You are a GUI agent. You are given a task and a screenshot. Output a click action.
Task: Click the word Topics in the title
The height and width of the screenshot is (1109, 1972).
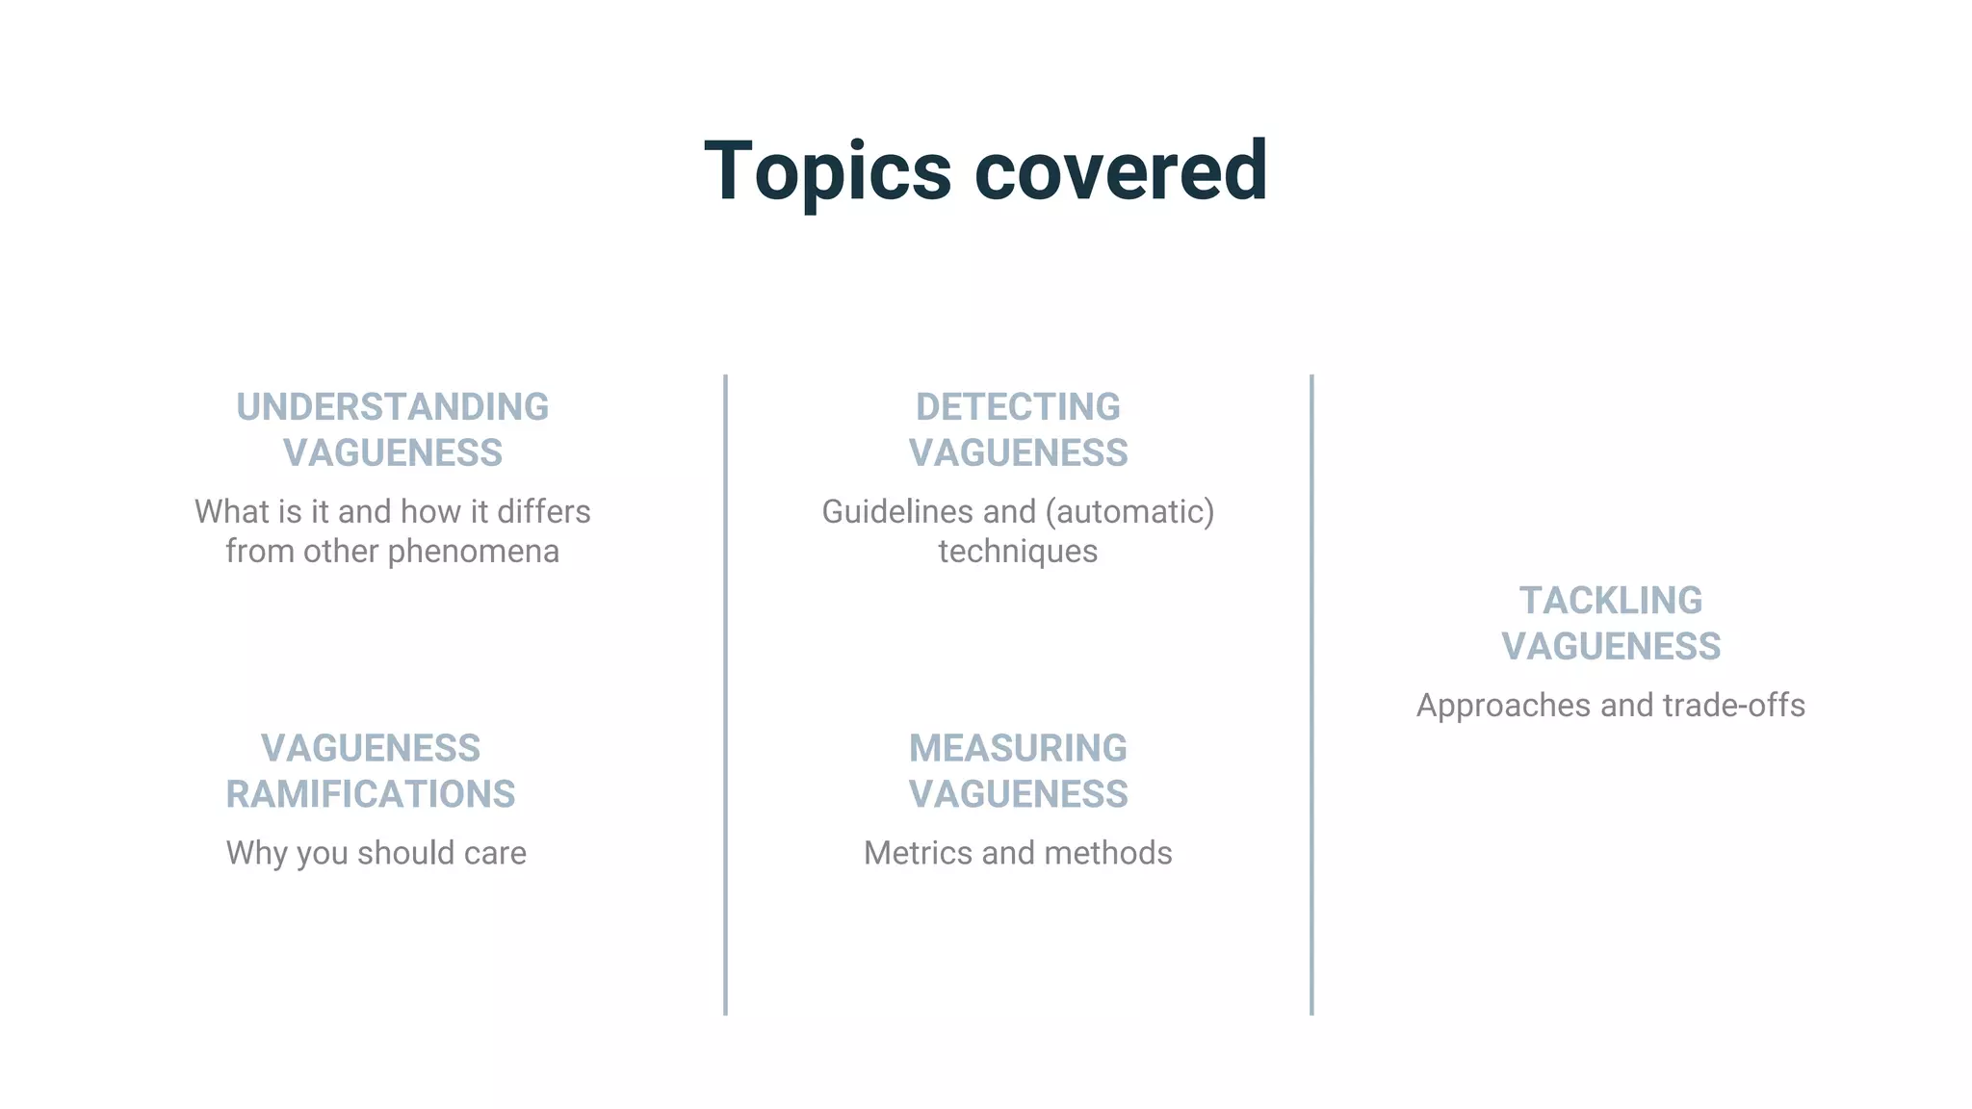click(827, 171)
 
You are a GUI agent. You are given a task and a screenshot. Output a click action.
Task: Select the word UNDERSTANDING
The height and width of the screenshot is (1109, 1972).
click(392, 407)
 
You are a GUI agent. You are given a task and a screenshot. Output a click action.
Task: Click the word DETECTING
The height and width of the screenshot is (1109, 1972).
click(1018, 407)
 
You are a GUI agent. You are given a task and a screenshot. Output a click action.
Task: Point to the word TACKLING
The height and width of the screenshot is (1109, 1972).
click(1611, 601)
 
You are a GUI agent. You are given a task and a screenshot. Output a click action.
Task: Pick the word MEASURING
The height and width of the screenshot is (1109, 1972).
click(1018, 748)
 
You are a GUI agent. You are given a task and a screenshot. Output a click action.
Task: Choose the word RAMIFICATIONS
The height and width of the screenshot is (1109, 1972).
click(371, 794)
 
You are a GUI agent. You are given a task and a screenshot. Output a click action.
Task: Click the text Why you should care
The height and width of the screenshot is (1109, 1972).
click(376, 853)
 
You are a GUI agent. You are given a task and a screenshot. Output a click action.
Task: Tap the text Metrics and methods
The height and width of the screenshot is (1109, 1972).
click(1018, 853)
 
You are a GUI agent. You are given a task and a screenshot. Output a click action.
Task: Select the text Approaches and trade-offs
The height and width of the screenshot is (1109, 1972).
click(1611, 706)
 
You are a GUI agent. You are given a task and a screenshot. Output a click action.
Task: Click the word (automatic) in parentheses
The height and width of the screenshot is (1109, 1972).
click(1129, 512)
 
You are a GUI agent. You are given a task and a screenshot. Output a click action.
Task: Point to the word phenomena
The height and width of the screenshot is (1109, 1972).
click(473, 552)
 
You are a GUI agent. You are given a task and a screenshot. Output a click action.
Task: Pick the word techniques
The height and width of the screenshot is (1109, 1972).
click(1018, 552)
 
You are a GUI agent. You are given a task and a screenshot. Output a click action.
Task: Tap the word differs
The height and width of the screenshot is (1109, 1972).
click(543, 512)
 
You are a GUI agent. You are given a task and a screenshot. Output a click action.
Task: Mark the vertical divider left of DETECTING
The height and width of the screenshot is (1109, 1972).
click(725, 693)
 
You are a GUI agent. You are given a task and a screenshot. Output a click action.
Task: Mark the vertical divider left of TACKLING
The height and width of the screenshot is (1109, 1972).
click(1311, 693)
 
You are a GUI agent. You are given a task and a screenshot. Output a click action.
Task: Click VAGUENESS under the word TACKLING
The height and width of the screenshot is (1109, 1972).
click(1611, 646)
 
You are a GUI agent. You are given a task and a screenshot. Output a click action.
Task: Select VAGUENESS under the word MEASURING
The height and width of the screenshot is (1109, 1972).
click(1018, 794)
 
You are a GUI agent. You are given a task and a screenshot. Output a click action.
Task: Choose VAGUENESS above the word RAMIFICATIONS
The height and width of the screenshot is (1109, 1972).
click(371, 748)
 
